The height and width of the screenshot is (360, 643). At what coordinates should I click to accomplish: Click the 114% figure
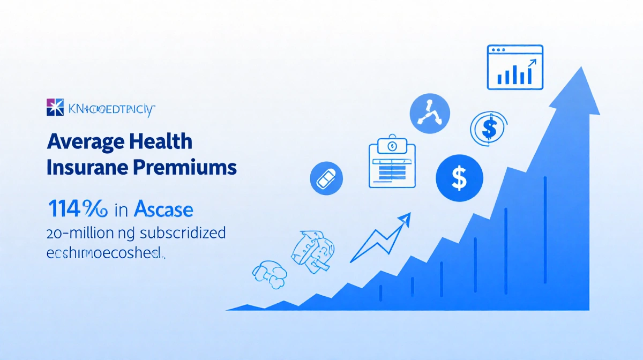pyautogui.click(x=78, y=209)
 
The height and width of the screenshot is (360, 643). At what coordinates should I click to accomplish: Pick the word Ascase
pyautogui.click(x=163, y=209)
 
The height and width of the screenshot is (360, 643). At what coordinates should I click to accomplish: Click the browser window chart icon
pyautogui.click(x=514, y=67)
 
